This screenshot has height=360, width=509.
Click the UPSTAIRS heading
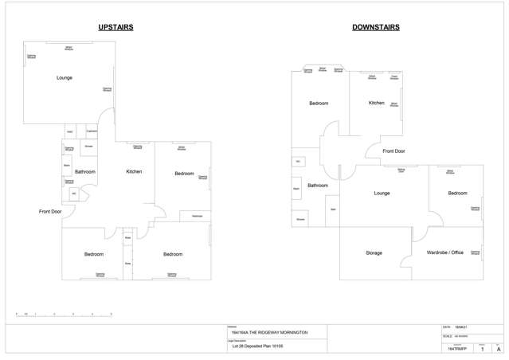click(116, 27)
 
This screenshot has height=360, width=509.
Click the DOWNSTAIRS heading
click(375, 27)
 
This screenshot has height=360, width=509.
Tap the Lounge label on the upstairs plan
click(65, 78)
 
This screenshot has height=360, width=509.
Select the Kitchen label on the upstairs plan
click(134, 172)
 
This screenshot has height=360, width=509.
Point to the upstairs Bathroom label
click(85, 172)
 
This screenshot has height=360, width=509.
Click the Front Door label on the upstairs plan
click(50, 211)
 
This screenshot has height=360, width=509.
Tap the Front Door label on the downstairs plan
click(393, 151)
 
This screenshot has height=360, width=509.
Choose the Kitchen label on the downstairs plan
click(377, 103)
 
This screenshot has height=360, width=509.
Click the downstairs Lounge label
click(382, 193)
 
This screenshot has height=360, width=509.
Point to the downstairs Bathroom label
click(318, 185)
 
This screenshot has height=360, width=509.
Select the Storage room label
click(374, 252)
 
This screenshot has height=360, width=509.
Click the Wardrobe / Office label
click(444, 252)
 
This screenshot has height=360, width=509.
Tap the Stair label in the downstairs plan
click(333, 209)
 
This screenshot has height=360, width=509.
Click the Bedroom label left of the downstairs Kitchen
click(319, 104)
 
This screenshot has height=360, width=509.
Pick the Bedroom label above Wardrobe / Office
click(457, 193)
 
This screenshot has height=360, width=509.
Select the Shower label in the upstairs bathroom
click(89, 147)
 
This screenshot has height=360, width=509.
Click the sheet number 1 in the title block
click(482, 349)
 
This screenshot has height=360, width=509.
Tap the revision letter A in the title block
click(499, 349)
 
